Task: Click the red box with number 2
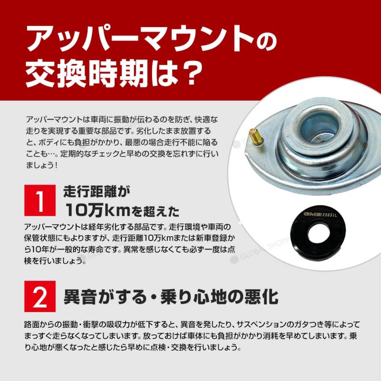[40, 296]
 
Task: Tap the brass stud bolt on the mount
[255, 137]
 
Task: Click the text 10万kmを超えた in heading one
[121, 209]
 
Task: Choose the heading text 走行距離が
[97, 191]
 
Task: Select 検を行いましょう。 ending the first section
[55, 261]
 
